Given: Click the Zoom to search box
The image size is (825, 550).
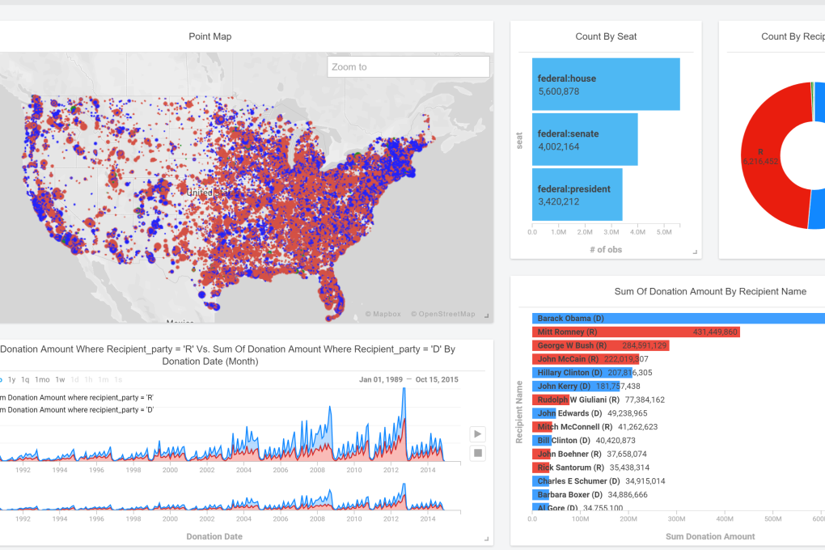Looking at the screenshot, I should [408, 67].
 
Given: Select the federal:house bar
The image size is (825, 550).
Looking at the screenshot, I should [605, 84].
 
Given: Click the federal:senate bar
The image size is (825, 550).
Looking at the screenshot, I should [584, 139].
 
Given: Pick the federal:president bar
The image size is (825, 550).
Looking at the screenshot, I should [577, 194].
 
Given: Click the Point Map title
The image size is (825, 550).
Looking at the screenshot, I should [210, 36].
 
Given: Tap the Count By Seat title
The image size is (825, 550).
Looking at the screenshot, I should [606, 36].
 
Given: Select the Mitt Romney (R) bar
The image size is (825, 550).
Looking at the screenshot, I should [635, 332].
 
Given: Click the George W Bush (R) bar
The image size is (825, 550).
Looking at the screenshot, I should [599, 345].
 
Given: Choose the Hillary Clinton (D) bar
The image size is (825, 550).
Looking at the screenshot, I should [575, 373].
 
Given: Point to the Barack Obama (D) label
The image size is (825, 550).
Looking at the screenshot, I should [570, 319].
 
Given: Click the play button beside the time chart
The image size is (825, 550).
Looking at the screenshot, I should [478, 434].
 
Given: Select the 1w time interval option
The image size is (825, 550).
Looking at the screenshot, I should [61, 379].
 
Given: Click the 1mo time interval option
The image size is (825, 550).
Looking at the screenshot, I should [42, 379].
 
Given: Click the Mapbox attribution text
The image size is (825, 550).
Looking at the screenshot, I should [383, 314].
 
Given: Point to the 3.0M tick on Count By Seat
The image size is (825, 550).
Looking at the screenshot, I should [611, 232].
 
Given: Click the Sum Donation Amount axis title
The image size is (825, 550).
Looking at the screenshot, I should [710, 536].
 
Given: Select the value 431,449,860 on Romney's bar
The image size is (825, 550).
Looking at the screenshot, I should [715, 332].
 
